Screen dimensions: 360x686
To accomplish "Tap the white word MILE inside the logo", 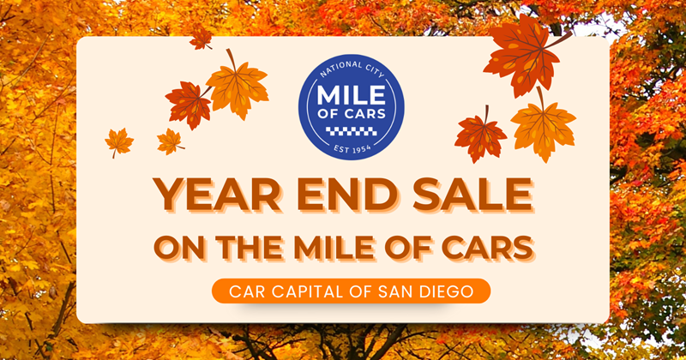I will point(344,93).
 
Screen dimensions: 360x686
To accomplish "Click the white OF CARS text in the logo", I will point(344,115).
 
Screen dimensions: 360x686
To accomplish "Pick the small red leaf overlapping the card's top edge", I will point(201,38).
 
